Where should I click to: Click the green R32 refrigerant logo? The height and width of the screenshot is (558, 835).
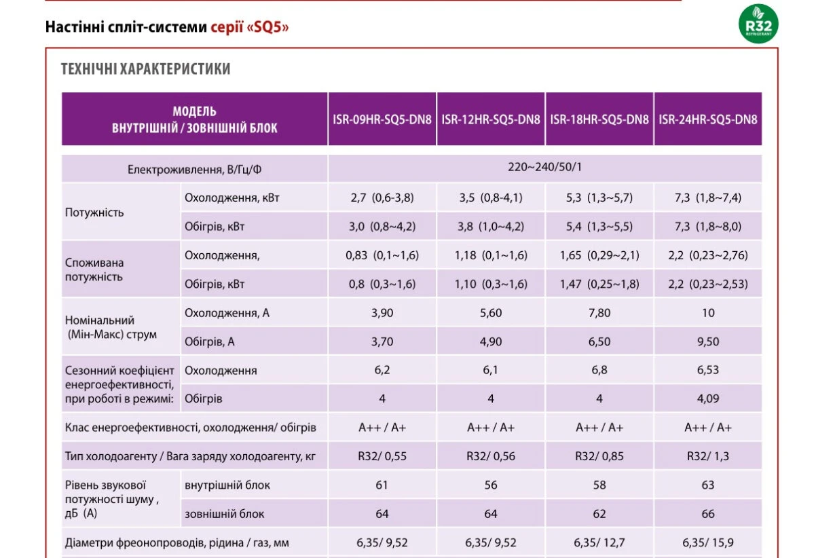tap(758, 24)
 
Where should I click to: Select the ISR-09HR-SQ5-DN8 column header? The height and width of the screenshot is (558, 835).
tap(382, 119)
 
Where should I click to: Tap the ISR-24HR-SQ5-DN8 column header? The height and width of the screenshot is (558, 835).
tap(708, 119)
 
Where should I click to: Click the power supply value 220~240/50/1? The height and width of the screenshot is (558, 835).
tap(544, 167)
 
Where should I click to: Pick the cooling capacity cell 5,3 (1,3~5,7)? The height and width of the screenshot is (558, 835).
tap(599, 198)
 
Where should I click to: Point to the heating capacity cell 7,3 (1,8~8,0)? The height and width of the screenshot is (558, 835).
tap(708, 226)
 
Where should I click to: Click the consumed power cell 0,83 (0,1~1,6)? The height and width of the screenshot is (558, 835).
tap(382, 255)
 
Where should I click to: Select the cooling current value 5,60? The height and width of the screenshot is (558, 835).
tap(491, 313)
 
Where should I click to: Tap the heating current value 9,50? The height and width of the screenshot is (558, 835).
tap(708, 341)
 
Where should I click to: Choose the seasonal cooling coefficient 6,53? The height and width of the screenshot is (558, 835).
tap(708, 370)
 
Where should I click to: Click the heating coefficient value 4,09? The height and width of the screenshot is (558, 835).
tap(708, 398)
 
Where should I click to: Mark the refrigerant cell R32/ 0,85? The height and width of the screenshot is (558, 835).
tap(599, 456)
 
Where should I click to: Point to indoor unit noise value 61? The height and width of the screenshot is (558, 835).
tap(382, 485)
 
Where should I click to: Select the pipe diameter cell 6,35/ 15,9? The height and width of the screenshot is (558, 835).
tap(708, 542)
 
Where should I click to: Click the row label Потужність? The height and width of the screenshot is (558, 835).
tap(94, 212)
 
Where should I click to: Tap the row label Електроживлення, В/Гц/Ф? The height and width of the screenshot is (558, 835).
tap(194, 170)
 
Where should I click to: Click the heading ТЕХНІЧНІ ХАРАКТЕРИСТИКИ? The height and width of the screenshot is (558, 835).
tap(146, 69)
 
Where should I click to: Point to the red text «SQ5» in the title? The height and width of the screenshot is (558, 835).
tap(267, 27)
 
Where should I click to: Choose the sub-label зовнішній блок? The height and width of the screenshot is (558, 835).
tap(225, 514)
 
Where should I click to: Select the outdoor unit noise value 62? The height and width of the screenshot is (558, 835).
tap(599, 514)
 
